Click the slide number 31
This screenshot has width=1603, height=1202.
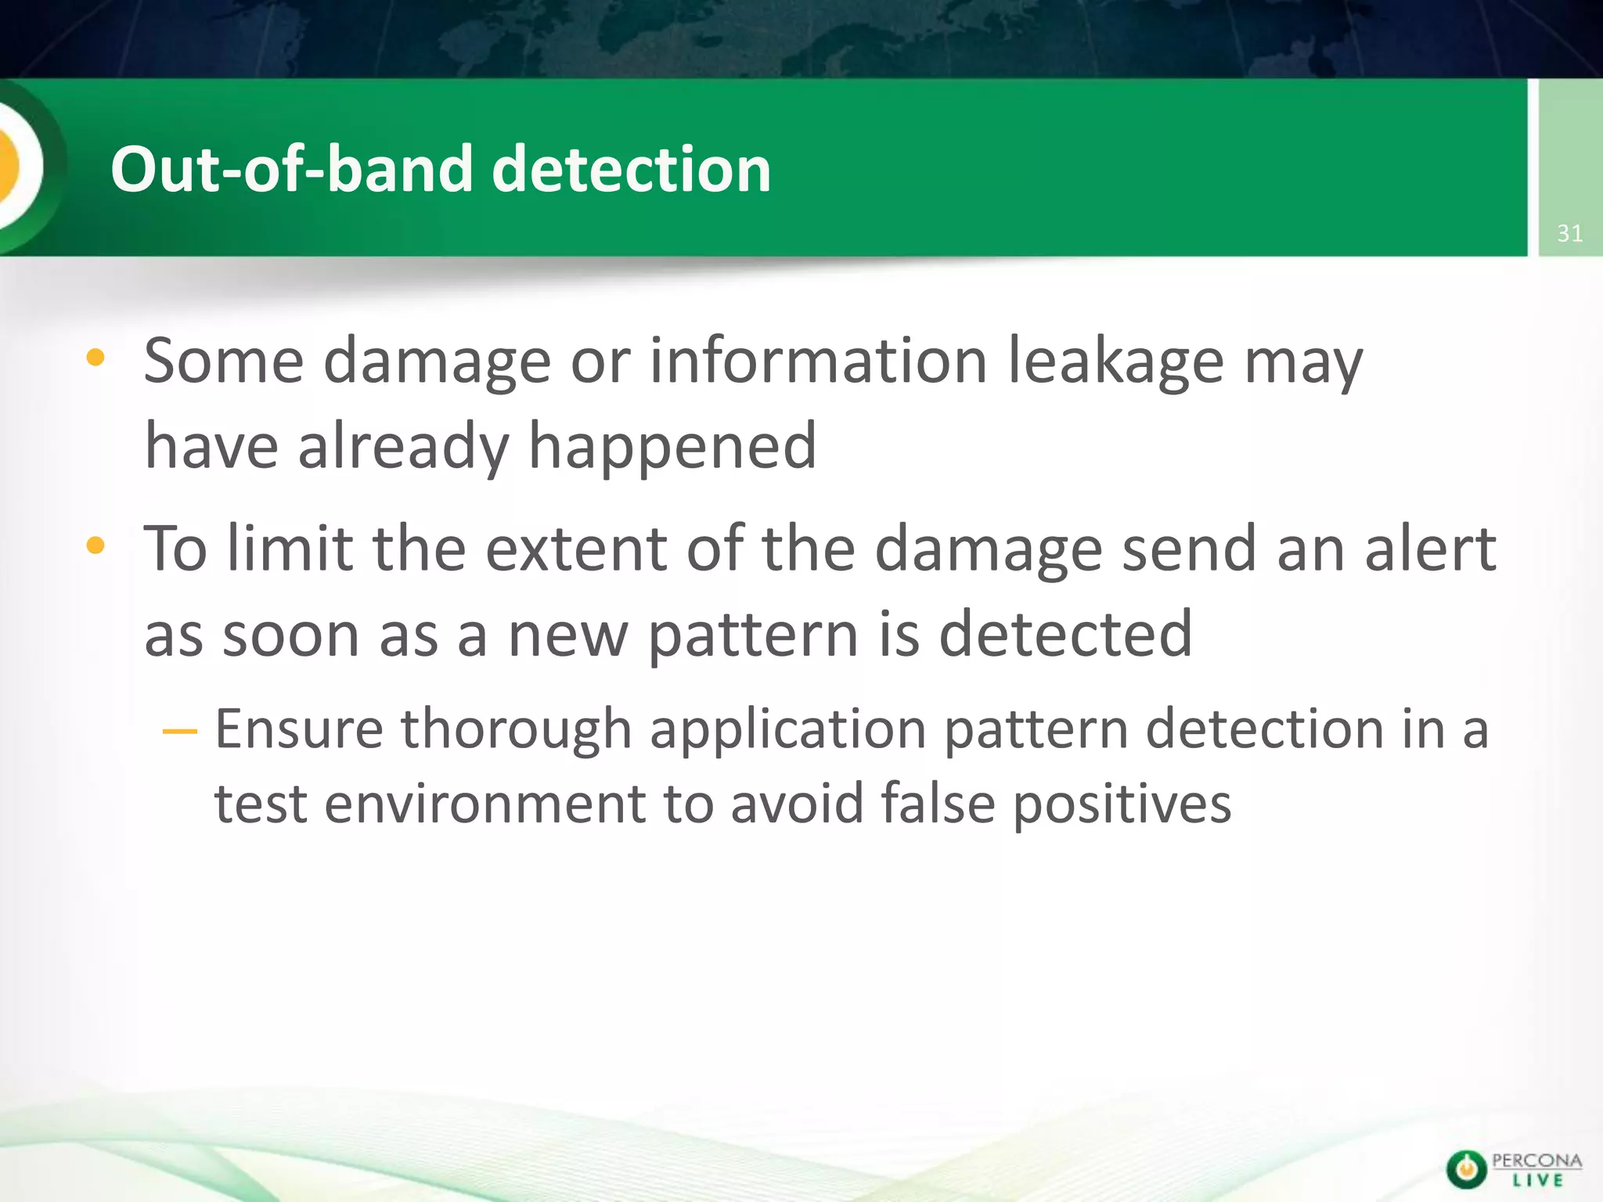(x=1569, y=233)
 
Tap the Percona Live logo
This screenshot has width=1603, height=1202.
(x=1513, y=1169)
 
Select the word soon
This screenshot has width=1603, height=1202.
(x=291, y=635)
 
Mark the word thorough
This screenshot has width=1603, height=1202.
(x=516, y=729)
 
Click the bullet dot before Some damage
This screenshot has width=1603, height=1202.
(x=95, y=358)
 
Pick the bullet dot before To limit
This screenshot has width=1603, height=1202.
(x=95, y=545)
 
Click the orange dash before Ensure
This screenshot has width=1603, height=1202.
(x=179, y=732)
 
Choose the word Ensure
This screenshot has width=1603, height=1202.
(x=299, y=729)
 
